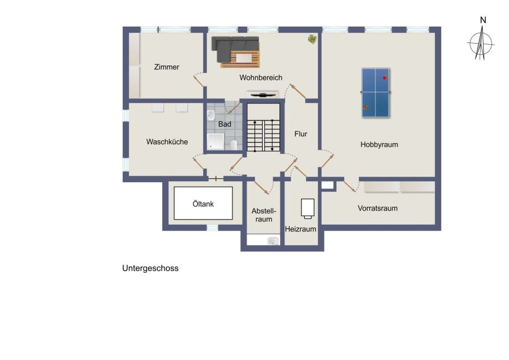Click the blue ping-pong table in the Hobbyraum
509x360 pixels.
point(376,93)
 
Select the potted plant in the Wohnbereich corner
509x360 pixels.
point(312,39)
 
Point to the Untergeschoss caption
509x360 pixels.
point(150,268)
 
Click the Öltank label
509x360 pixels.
point(203,204)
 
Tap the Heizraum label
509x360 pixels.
point(301,229)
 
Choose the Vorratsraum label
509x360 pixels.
point(378,208)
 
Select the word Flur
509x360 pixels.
point(301,134)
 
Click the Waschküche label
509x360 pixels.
point(167,142)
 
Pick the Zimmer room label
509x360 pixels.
point(166,67)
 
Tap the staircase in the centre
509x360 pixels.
point(263,135)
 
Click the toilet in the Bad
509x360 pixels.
point(234,144)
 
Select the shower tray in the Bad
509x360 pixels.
point(215,142)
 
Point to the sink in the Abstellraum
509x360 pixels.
point(273,241)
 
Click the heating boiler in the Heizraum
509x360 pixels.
point(308,208)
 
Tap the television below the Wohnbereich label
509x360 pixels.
point(262,95)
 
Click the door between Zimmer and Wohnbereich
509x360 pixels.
point(199,80)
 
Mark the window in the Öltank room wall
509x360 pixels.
point(212,228)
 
